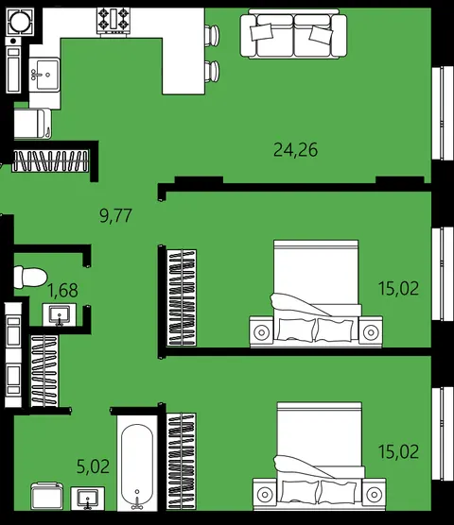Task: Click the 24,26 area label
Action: pos(295,150)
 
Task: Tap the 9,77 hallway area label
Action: pos(115,215)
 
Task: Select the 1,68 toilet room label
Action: pos(63,290)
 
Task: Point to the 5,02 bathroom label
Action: pos(93,466)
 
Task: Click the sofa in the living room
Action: pos(293,34)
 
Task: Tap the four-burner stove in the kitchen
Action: pos(113,21)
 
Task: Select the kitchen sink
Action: pos(44,75)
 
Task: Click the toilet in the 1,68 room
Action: pos(30,277)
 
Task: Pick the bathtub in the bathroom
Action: pos(137,466)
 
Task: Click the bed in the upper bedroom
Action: pos(316,294)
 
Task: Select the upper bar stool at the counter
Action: pos(212,35)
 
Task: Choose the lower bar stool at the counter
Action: pos(212,71)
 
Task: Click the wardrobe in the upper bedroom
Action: pos(182,297)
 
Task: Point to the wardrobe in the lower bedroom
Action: pos(181,461)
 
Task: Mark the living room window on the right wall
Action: pos(443,112)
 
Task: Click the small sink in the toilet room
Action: pos(60,314)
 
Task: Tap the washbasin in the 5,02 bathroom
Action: pos(88,499)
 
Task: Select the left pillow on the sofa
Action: pos(261,32)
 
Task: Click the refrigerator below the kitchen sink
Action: pos(33,123)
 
